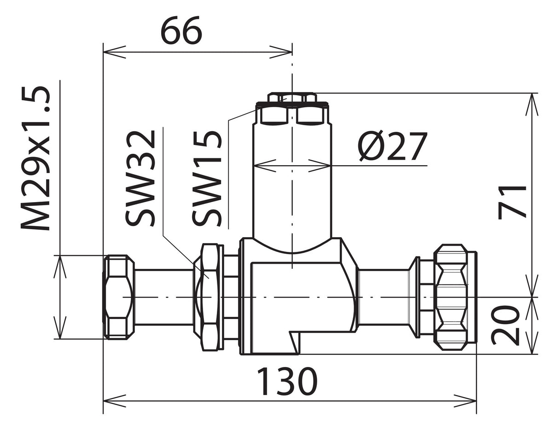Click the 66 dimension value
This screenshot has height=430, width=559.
pos(181,30)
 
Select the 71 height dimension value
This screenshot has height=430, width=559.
pos(512,203)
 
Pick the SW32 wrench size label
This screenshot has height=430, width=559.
pos(140,178)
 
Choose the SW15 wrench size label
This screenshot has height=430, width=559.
pos(207,178)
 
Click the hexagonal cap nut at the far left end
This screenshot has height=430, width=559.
pos(119,297)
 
